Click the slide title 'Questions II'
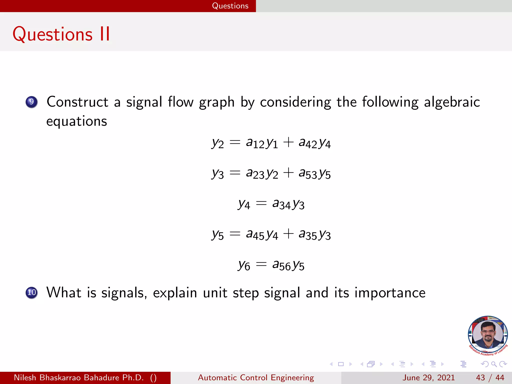point(61,34)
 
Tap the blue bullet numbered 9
point(31,102)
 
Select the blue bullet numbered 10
point(31,292)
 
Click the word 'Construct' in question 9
point(77,102)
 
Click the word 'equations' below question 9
point(77,121)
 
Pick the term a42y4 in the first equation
point(314,143)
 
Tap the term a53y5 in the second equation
point(314,173)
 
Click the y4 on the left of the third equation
point(244,204)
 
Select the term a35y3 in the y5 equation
point(314,234)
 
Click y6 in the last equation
point(244,265)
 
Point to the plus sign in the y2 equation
point(288,142)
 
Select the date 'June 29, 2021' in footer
point(428,377)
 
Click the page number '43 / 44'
point(490,377)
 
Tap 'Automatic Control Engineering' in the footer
point(256,377)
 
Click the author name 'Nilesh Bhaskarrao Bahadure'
point(79,377)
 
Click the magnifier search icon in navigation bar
point(494,364)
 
